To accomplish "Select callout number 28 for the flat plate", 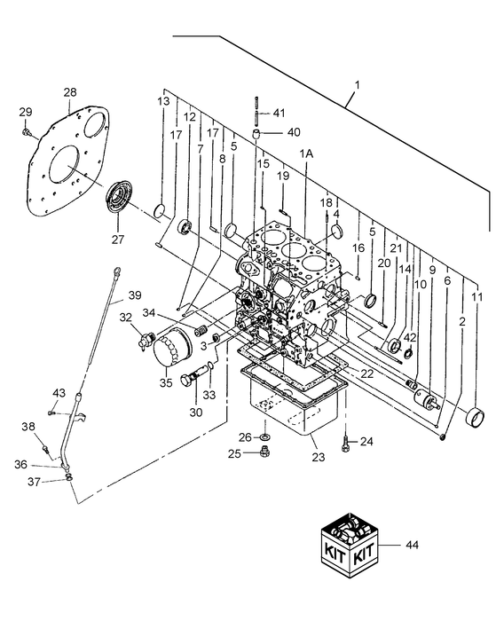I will (70, 92).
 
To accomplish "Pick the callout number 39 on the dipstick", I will (134, 296).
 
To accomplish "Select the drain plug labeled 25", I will (264, 455).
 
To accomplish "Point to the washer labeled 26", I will (264, 436).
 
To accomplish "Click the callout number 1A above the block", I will (306, 153).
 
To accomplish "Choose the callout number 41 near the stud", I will (280, 113).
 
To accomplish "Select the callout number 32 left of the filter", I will (126, 317).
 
